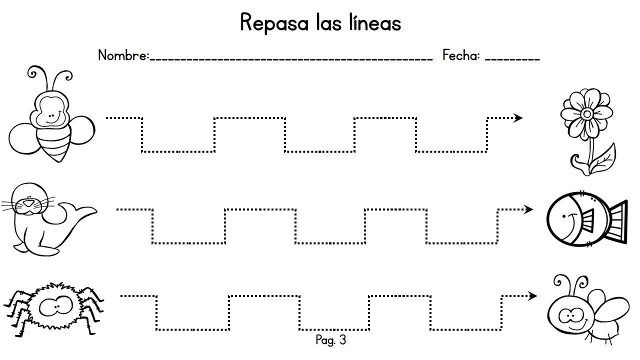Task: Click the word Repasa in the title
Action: pyautogui.click(x=274, y=23)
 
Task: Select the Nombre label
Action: pyautogui.click(x=123, y=55)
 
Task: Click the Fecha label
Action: pyautogui.click(x=461, y=55)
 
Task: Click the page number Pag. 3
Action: pyautogui.click(x=331, y=340)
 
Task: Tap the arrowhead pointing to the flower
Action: pyautogui.click(x=518, y=117)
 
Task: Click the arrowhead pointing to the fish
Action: pyautogui.click(x=528, y=209)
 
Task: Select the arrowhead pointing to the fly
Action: pyautogui.click(x=532, y=295)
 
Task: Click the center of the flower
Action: pyautogui.click(x=587, y=114)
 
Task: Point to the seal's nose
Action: pyautogui.click(x=28, y=203)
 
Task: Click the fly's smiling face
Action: pyautogui.click(x=570, y=315)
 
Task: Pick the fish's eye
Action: pyautogui.click(x=563, y=216)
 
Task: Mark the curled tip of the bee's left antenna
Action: pyautogui.click(x=32, y=73)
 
